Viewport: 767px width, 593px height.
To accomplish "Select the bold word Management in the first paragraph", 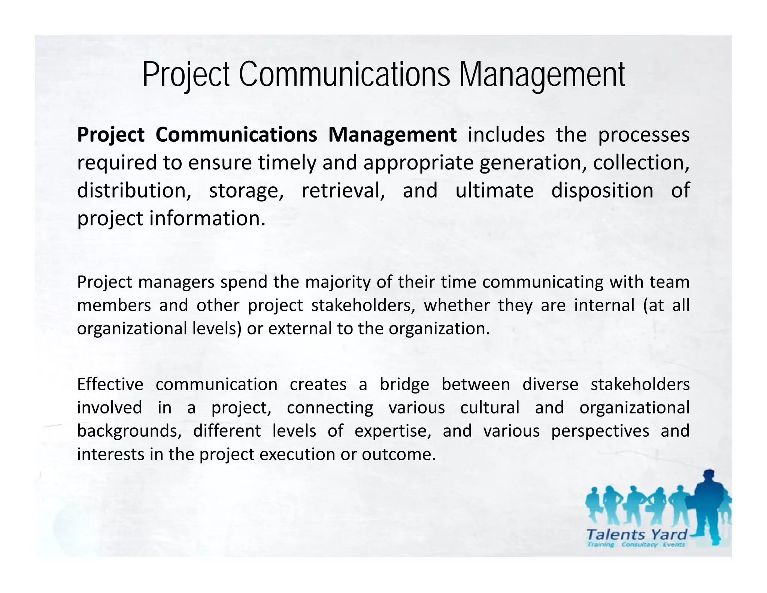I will [392, 135].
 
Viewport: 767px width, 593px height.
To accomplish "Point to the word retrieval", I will [343, 190].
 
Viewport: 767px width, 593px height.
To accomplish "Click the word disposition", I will [602, 190].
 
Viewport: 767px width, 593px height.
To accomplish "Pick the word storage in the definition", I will [246, 190].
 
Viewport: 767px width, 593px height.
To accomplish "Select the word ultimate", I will [494, 190].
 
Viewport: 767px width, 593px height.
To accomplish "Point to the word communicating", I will [543, 282].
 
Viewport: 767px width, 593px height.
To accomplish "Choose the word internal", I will [604, 305].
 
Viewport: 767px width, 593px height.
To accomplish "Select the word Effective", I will [110, 385].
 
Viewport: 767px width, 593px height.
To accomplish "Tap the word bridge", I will [404, 385].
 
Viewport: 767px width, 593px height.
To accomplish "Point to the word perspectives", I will [600, 431].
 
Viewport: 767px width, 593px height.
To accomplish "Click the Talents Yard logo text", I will [636, 534].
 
